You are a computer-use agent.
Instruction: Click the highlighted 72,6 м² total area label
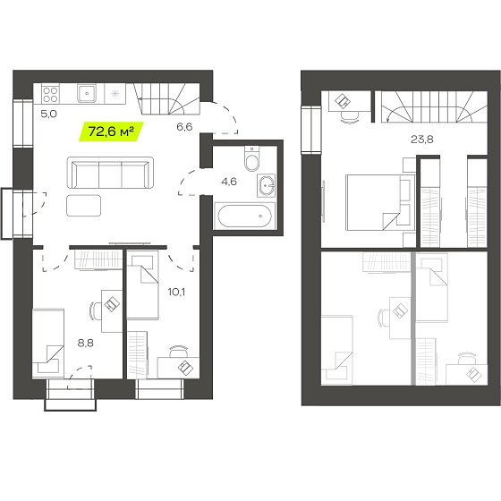(x=111, y=132)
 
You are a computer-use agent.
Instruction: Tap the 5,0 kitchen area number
(x=49, y=114)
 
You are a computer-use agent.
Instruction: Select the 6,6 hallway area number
(x=184, y=127)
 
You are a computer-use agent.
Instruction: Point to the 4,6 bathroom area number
(x=229, y=182)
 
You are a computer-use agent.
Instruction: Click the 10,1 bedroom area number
(x=177, y=292)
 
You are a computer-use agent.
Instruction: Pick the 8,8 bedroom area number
(x=86, y=344)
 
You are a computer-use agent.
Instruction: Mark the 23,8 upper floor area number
(x=421, y=140)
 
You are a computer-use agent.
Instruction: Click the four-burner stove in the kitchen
(x=50, y=94)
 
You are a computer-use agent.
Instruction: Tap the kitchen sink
(x=87, y=94)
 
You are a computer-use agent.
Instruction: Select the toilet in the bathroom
(x=251, y=159)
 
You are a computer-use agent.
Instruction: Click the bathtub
(x=244, y=216)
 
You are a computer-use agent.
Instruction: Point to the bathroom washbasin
(x=266, y=186)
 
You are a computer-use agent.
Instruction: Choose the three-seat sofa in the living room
(x=110, y=173)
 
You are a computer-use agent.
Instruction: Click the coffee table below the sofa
(x=84, y=206)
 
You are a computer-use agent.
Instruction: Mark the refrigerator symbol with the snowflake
(x=115, y=94)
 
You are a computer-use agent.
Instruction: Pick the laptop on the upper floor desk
(x=343, y=101)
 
